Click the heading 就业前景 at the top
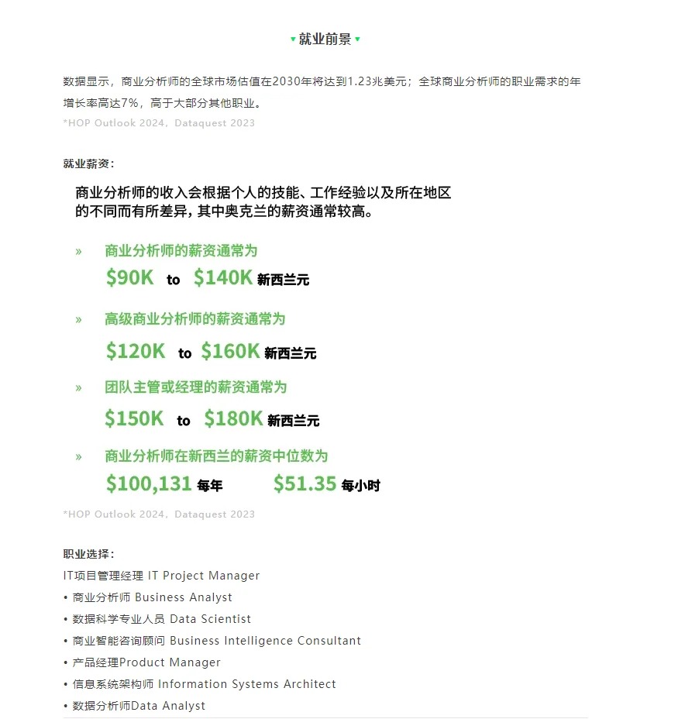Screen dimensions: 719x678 (x=325, y=40)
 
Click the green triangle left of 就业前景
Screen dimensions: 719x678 (x=293, y=40)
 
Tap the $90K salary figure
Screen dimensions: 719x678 (x=130, y=278)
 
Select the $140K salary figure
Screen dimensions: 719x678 (x=223, y=278)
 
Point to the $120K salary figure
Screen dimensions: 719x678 (x=136, y=351)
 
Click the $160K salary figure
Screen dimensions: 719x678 (x=230, y=351)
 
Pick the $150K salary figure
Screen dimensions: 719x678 (x=135, y=419)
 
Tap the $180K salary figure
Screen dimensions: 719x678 (x=233, y=419)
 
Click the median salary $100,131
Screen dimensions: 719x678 (x=149, y=484)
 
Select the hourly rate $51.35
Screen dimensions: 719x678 (x=305, y=484)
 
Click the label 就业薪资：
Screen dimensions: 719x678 (x=89, y=163)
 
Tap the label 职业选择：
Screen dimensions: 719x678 (x=89, y=554)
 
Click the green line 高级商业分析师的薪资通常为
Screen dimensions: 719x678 (x=195, y=319)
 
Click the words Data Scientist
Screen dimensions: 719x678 (x=211, y=619)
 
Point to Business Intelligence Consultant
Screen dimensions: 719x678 (x=265, y=641)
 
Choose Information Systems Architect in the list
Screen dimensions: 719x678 (x=247, y=684)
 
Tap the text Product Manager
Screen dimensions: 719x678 (x=170, y=662)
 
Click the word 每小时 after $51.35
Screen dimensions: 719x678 (x=361, y=486)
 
